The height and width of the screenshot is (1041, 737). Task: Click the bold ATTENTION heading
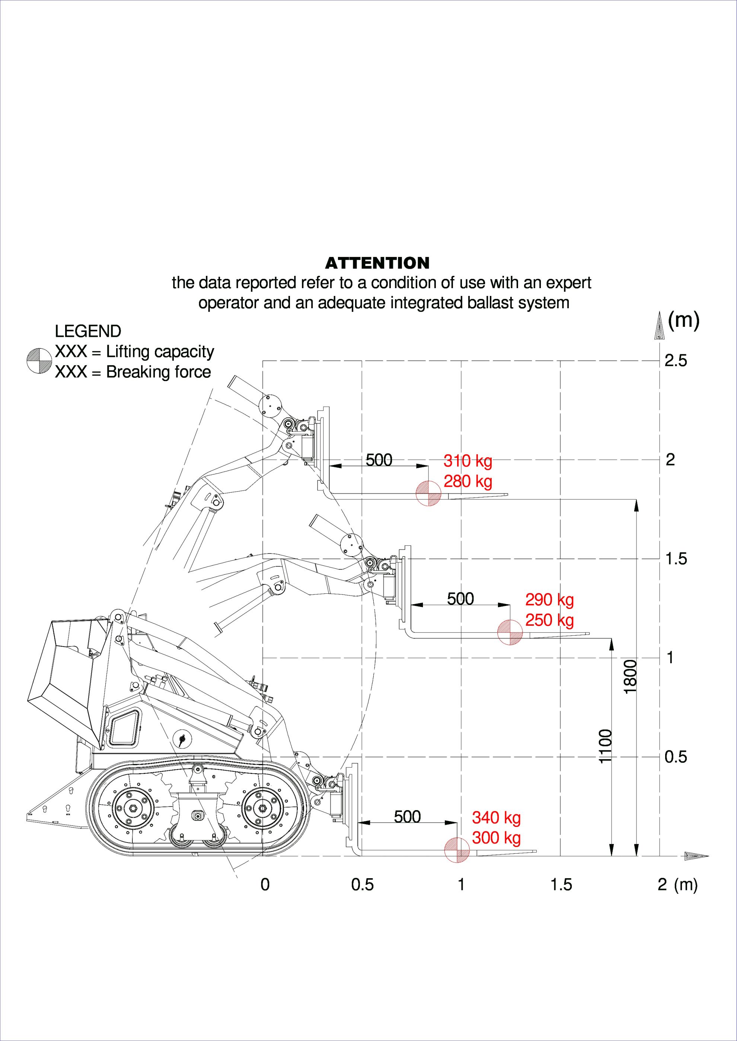click(377, 263)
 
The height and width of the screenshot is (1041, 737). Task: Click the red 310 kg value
click(468, 461)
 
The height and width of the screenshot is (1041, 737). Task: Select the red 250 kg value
click(549, 620)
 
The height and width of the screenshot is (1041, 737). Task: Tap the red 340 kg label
click(496, 818)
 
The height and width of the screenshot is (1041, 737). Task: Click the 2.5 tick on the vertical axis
click(675, 361)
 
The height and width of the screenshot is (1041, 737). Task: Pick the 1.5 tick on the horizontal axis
click(561, 884)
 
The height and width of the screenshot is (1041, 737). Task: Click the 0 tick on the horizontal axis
click(265, 884)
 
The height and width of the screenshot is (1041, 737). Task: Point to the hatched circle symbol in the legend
click(39, 361)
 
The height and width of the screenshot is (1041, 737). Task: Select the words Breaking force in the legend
click(159, 372)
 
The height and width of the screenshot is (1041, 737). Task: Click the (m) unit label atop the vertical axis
click(683, 320)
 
